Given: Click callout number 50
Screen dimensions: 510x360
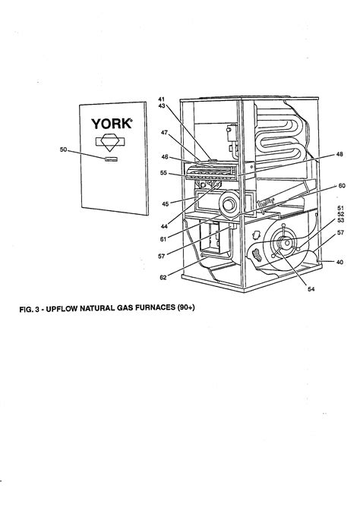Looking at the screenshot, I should point(64,150).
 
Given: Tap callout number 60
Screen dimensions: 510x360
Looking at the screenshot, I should point(341,185).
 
